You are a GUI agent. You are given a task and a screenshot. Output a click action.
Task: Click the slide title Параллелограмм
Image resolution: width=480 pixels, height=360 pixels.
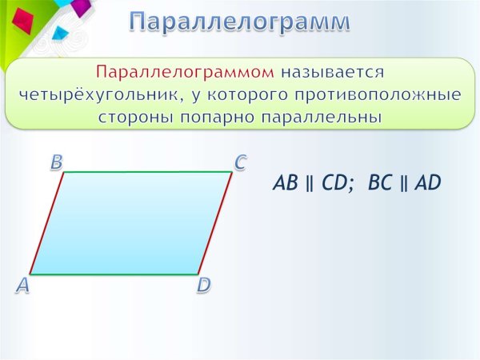pos(240,22)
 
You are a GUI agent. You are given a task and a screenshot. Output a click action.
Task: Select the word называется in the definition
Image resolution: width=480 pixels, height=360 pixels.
pos(334,72)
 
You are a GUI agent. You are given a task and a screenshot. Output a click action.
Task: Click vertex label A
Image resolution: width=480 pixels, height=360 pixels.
pos(22,286)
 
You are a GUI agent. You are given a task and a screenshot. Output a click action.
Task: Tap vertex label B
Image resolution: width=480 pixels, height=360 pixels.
pos(57,162)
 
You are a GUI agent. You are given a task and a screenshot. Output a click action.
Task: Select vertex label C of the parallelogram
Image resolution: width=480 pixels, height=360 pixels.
pos(240,162)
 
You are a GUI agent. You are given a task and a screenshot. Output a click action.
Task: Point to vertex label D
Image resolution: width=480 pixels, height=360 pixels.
pos(204,286)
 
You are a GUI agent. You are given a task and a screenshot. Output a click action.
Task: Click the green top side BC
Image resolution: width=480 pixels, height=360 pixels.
pos(148,172)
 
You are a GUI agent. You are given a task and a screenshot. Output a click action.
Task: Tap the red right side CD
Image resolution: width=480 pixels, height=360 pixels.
pos(215,223)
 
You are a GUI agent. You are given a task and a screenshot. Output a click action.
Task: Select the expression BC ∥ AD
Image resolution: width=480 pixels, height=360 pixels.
pos(405,183)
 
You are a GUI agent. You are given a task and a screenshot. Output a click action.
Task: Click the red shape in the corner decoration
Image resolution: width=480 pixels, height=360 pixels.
pos(23,19)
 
